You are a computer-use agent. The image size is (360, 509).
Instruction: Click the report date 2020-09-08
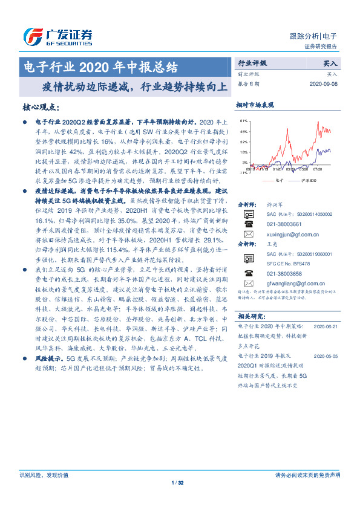coord(326,84)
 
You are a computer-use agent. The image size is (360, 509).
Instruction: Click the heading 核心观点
coord(41,107)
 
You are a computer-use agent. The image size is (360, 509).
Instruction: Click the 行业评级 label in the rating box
coord(252,62)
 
